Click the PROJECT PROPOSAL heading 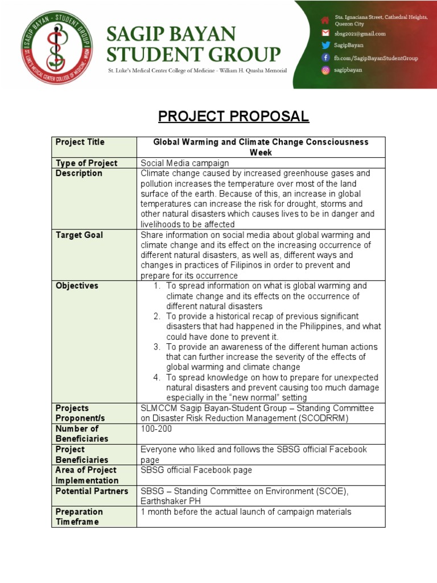tap(233, 117)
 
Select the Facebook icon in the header tap(325, 58)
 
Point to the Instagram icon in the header tap(325, 71)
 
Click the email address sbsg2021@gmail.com tap(360, 34)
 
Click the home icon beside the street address tap(325, 20)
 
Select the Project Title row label tap(80, 142)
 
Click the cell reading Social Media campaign tap(185, 163)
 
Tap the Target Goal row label tap(79, 235)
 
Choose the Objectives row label tap(77, 286)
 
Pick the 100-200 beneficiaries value tap(156, 429)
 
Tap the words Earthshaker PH tap(170, 501)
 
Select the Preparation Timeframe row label tap(79, 516)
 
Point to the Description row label tap(79, 173)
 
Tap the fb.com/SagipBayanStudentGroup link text tap(376, 58)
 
